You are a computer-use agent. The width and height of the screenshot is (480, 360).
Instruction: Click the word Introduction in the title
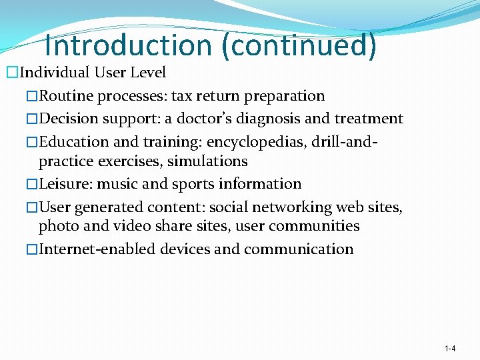click(x=128, y=45)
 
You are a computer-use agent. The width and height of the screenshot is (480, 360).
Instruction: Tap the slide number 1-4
click(x=450, y=349)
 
